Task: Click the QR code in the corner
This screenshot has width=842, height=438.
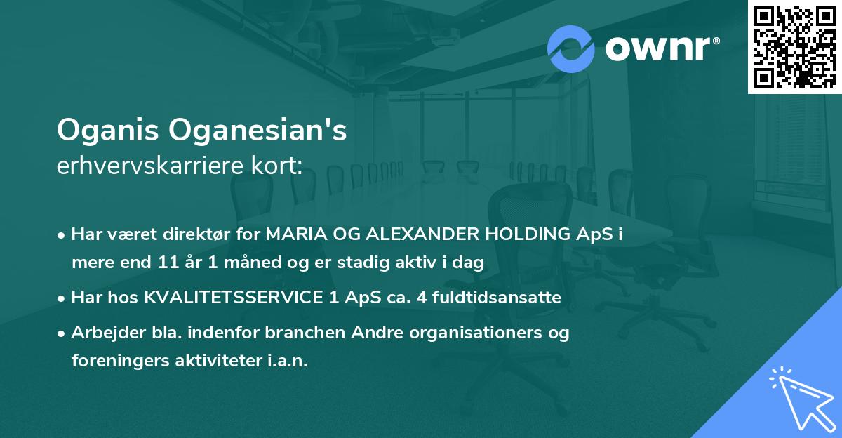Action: point(794,46)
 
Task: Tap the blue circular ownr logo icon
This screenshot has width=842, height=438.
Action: point(571,49)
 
